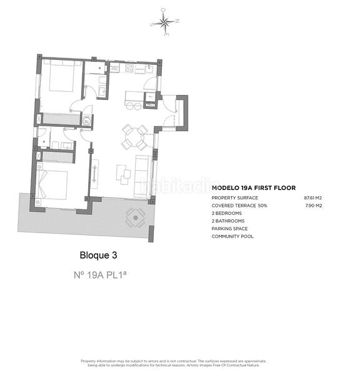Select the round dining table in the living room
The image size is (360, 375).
(135, 137)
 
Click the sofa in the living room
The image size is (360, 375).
(143, 172)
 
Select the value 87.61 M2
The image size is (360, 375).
(313, 197)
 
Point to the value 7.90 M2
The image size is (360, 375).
(313, 205)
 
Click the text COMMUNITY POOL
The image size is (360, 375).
(232, 236)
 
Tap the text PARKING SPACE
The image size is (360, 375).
(229, 229)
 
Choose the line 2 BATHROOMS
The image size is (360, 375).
(228, 221)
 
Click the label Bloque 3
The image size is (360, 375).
(98, 255)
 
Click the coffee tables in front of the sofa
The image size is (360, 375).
(124, 173)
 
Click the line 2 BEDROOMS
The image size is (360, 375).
(227, 213)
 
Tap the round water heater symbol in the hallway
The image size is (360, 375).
(87, 121)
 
